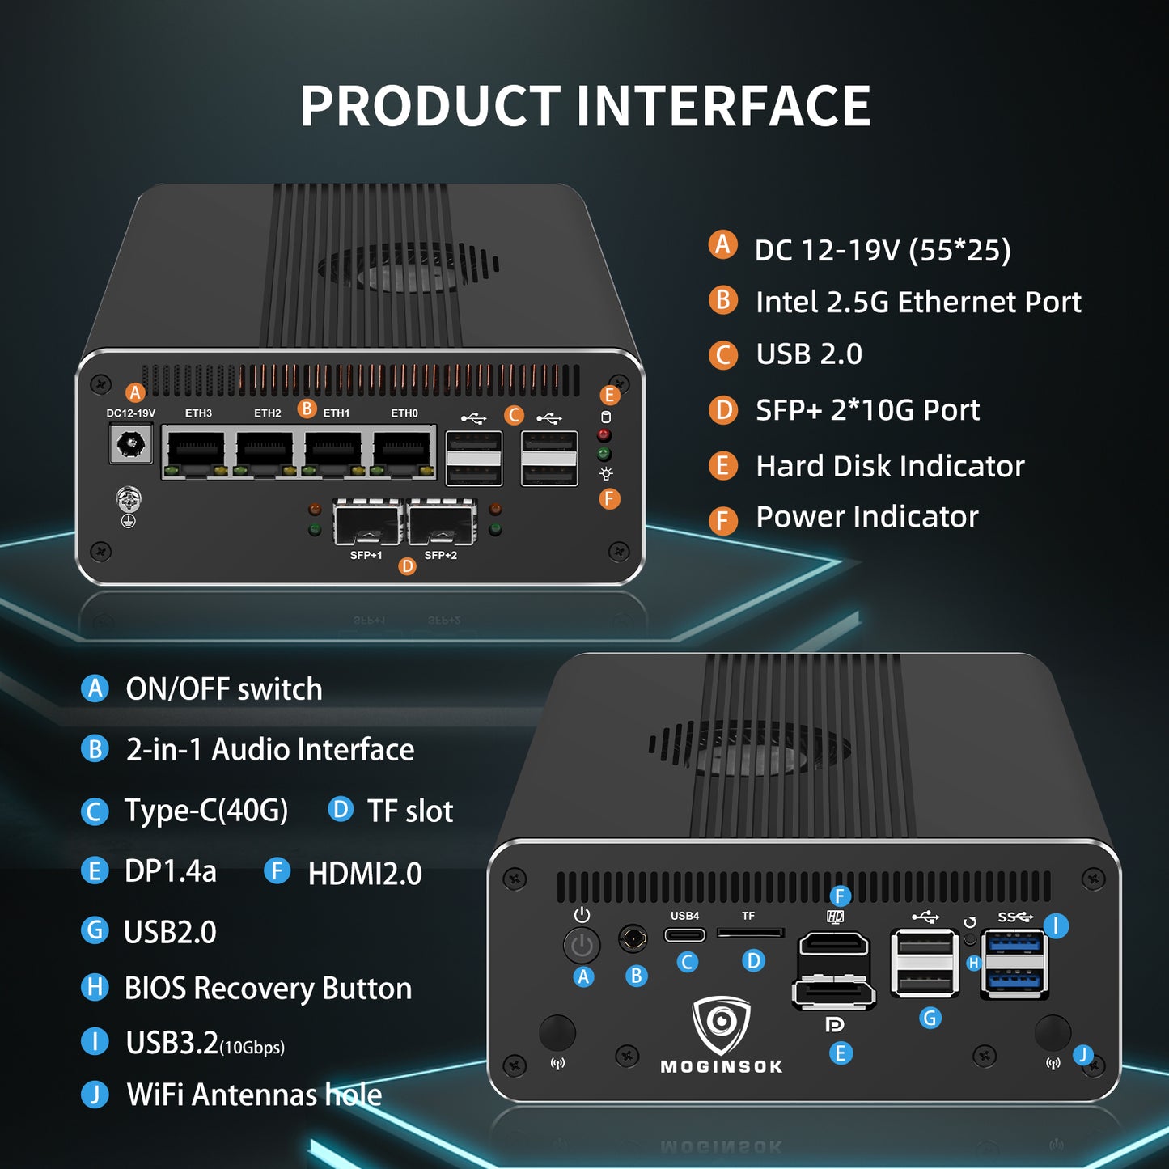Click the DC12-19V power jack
pyautogui.click(x=131, y=444)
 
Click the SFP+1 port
pyautogui.click(x=367, y=523)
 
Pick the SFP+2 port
pyautogui.click(x=442, y=523)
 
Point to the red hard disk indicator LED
pyautogui.click(x=604, y=435)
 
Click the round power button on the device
pyautogui.click(x=582, y=945)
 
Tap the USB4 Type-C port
pyautogui.click(x=684, y=935)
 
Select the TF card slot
pyautogui.click(x=750, y=934)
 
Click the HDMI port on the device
pyautogui.click(x=833, y=947)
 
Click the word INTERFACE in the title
pyautogui.click(x=723, y=107)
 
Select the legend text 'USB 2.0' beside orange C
pyautogui.click(x=808, y=354)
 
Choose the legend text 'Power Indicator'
pyautogui.click(x=866, y=517)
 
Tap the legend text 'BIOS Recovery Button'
pyautogui.click(x=268, y=989)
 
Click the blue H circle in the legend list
pyautogui.click(x=95, y=987)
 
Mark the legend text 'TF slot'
pyautogui.click(x=409, y=811)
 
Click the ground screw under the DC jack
pyautogui.click(x=129, y=499)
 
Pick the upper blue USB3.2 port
pyautogui.click(x=1014, y=943)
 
